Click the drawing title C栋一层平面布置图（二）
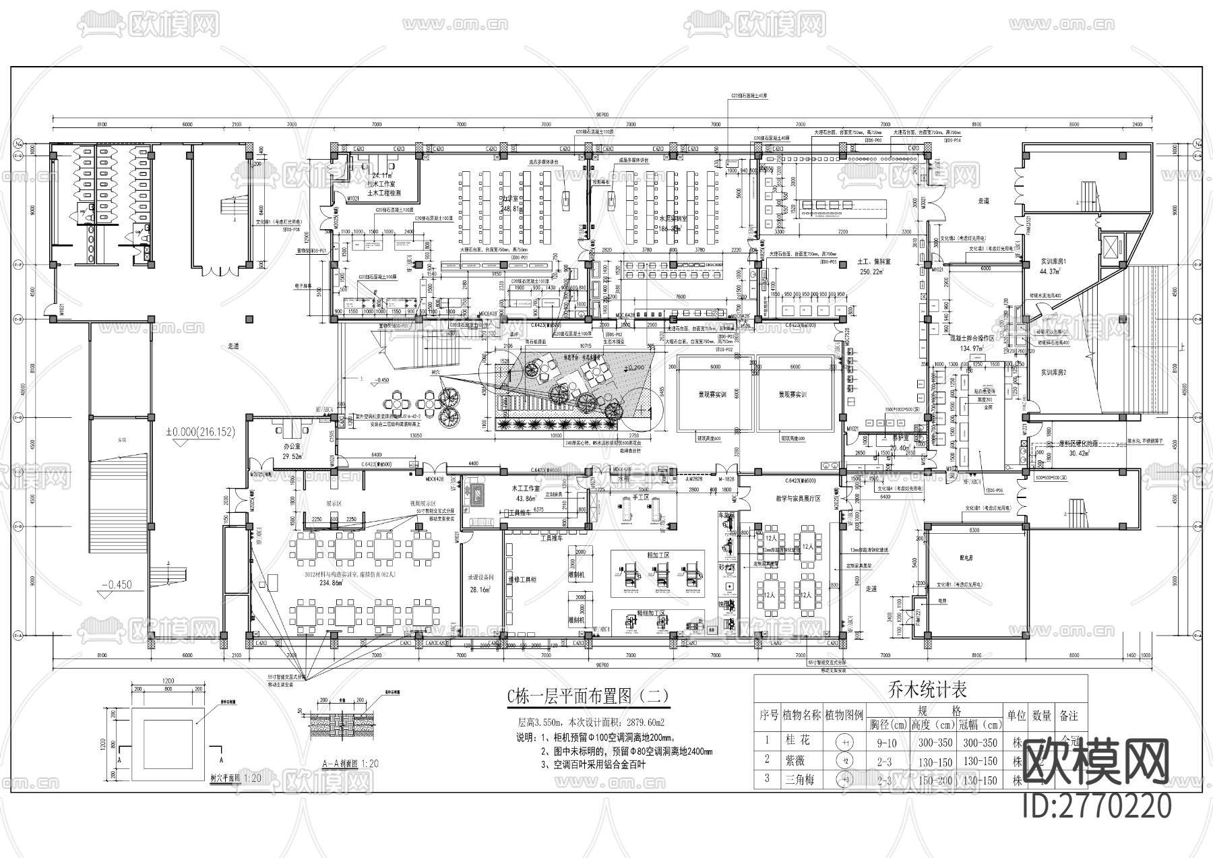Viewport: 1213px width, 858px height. [589, 696]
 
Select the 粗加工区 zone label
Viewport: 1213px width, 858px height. [657, 555]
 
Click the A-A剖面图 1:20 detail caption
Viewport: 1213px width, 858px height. [350, 764]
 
